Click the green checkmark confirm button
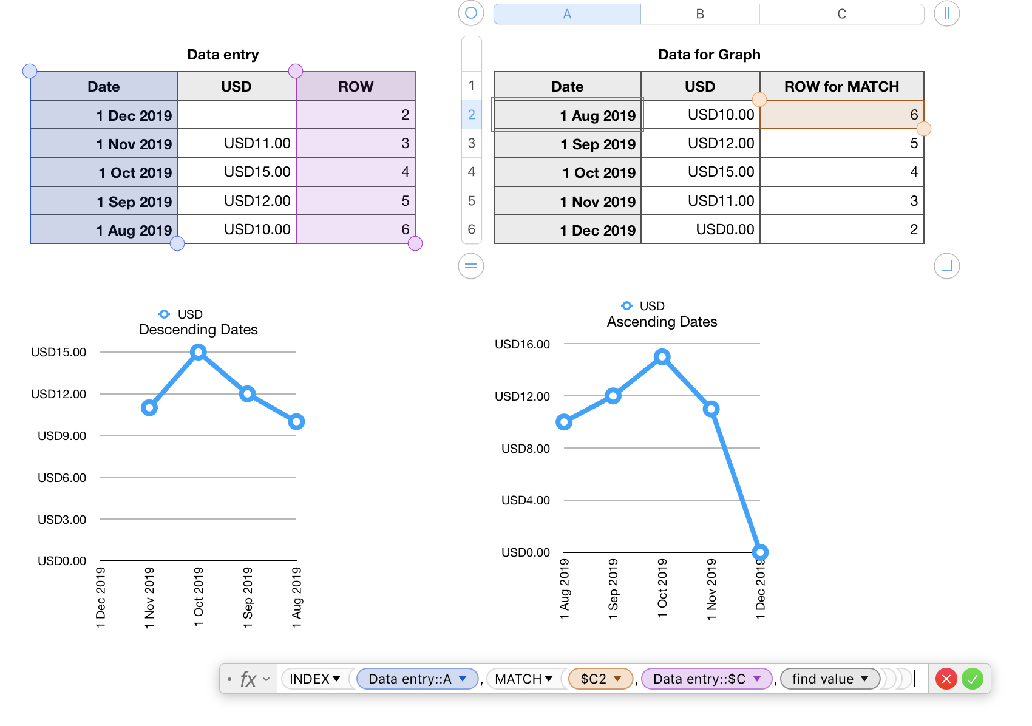(x=972, y=679)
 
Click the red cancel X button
(x=946, y=679)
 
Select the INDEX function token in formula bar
(x=314, y=679)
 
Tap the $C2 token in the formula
(x=600, y=679)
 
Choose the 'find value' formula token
(x=829, y=679)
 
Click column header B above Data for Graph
(x=700, y=14)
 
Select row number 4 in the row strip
(x=472, y=172)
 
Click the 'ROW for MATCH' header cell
(x=841, y=86)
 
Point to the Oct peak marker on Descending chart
(x=199, y=352)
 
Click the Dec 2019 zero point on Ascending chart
(x=760, y=552)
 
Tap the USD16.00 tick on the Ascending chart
(x=522, y=344)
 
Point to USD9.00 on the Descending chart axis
(x=62, y=436)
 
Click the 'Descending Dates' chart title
(x=199, y=330)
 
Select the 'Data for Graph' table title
(x=709, y=55)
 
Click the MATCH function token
(x=523, y=679)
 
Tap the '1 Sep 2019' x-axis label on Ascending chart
(x=613, y=589)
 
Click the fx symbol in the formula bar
(x=248, y=679)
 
